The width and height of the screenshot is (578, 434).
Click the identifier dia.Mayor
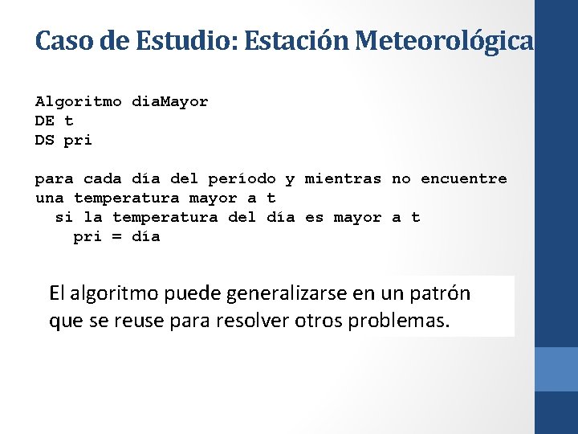pos(169,102)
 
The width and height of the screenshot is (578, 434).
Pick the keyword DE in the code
pos(45,121)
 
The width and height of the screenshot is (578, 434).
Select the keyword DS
pos(45,141)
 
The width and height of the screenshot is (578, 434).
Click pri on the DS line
pos(78,141)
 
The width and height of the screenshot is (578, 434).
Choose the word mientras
pos(343,179)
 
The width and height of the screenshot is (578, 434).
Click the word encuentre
pos(463,179)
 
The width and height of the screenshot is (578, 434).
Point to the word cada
pos(102,179)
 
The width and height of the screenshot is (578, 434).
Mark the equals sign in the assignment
pos(116,237)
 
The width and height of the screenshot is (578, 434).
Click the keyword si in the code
pos(63,218)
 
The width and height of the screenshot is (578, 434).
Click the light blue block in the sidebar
pos(556,369)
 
